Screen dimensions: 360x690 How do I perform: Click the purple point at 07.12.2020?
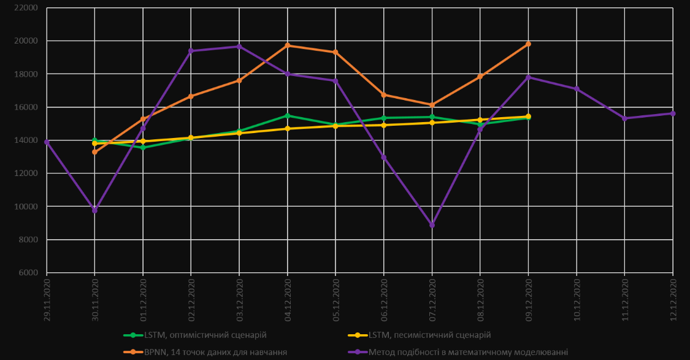432,225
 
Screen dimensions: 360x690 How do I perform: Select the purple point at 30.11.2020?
94,210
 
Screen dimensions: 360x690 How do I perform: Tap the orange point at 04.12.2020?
287,45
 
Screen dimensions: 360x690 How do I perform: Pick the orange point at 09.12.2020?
528,44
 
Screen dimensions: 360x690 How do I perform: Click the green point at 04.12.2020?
287,115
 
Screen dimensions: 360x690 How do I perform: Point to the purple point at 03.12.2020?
239,47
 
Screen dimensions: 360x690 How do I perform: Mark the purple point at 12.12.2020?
673,113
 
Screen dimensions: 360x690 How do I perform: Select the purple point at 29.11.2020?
47,142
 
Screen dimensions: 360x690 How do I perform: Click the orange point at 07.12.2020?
432,105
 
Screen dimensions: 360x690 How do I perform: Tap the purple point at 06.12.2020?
383,158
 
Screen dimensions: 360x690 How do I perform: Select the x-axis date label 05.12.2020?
335,300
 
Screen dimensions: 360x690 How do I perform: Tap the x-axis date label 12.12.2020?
673,300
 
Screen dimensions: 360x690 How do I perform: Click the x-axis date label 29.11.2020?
47,300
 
